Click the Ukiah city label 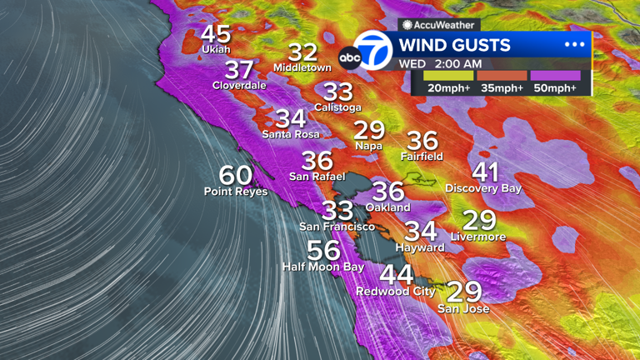[216, 50]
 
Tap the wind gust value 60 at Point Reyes [236, 176]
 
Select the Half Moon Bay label [323, 267]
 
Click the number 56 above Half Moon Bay [323, 251]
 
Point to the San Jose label [463, 309]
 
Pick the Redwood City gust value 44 [396, 275]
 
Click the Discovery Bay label [483, 189]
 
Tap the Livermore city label [478, 237]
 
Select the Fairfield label [422, 157]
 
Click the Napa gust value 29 [369, 130]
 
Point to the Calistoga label [338, 107]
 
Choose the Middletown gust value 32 [302, 52]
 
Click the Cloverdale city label [239, 85]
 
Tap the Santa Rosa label [290, 133]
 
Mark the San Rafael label [317, 177]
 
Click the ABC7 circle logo [372, 51]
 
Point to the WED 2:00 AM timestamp [439, 63]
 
